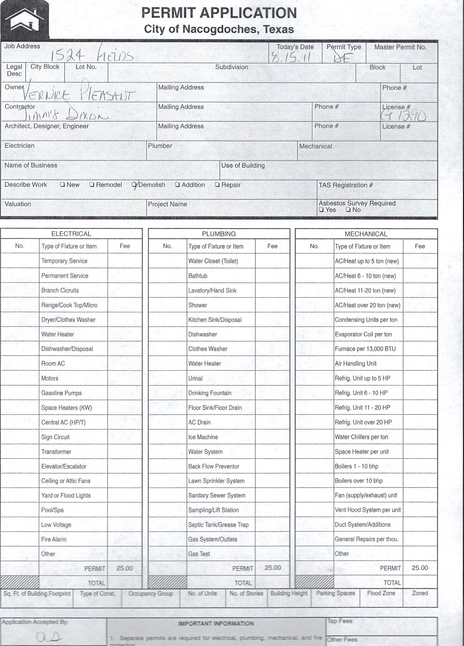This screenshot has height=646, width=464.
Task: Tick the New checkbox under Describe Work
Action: pos(62,185)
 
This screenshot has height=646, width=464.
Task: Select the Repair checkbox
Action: pos(217,185)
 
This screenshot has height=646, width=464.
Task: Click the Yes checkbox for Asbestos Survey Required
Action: pos(321,210)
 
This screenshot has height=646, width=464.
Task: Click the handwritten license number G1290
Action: pos(404,115)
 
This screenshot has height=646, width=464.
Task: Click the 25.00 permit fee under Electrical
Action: pos(125,569)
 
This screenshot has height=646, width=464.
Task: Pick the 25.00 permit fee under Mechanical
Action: pos(420,568)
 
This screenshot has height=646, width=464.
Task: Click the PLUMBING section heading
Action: pos(219,234)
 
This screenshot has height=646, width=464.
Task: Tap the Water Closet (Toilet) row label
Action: pos(213,261)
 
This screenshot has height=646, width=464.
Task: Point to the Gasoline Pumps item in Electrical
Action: pos(62,393)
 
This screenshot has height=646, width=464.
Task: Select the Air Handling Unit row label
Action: pos(355,364)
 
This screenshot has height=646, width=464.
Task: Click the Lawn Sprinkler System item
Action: pos(216,481)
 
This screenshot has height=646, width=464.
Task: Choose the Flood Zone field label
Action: pos(381,593)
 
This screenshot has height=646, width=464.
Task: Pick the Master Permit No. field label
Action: pos(400,47)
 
